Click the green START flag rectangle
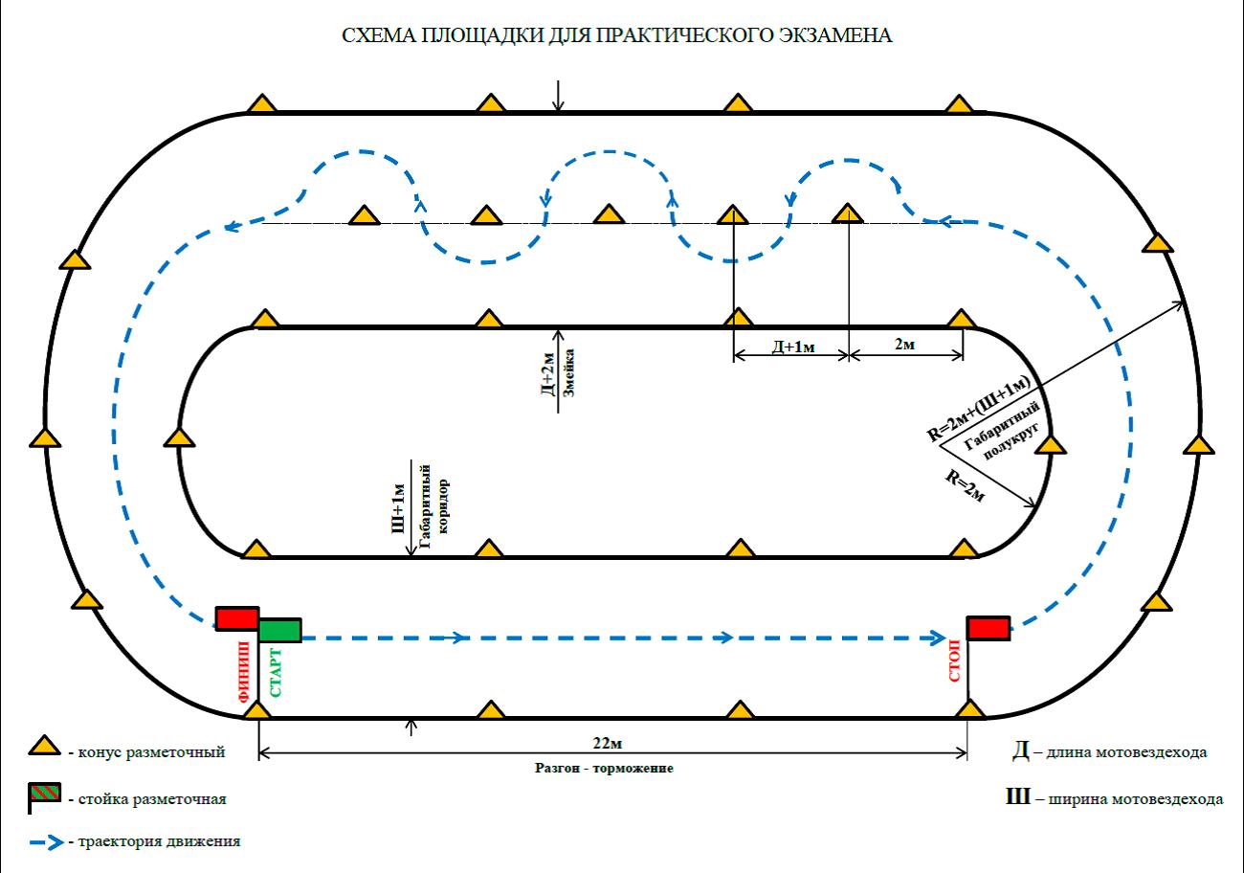[280, 629]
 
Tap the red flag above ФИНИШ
[236, 618]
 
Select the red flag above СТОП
[989, 628]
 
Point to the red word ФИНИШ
[245, 676]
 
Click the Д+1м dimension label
[792, 345]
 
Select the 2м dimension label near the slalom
[904, 344]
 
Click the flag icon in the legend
[44, 794]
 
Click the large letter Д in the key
[1021, 751]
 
